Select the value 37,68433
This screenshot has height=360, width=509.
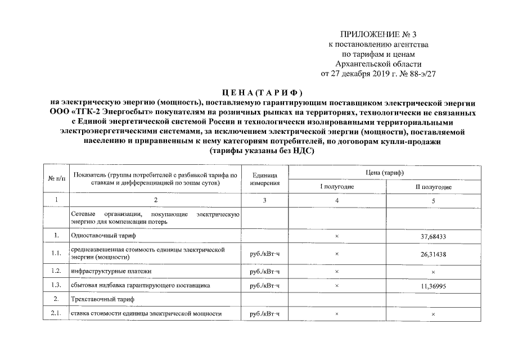coord(433,236)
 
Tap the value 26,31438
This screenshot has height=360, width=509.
coord(433,254)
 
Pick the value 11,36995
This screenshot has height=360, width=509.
coord(433,286)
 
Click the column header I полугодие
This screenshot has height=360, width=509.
coord(337,186)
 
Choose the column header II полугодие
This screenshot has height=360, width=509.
coord(433,186)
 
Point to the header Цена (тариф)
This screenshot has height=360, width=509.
coord(385,172)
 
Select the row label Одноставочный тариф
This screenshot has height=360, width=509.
coord(104,236)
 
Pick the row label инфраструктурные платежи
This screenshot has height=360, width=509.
coord(111,271)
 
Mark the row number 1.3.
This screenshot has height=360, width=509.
coord(56,286)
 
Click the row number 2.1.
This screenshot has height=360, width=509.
coord(56,313)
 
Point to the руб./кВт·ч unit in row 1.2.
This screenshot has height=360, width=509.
coord(265,271)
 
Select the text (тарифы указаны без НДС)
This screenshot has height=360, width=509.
coord(262,151)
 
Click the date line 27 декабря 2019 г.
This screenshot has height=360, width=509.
coord(378,74)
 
